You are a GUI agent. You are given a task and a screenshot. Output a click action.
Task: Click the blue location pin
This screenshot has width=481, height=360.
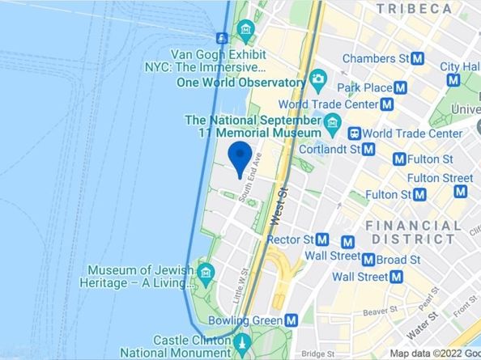(x=239, y=157)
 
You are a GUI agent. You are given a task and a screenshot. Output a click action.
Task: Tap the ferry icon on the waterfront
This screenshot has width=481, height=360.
(x=222, y=37)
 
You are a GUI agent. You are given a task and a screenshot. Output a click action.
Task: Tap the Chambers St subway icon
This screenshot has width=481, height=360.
(x=418, y=58)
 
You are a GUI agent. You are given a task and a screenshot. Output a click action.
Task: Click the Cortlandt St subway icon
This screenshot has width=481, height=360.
(x=368, y=149)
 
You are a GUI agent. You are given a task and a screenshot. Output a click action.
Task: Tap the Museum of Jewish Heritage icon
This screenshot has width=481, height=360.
(x=206, y=269)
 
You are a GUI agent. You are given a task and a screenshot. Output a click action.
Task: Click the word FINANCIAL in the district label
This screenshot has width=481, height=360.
(x=414, y=225)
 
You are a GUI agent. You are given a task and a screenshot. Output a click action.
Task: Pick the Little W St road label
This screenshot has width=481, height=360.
(x=239, y=286)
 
